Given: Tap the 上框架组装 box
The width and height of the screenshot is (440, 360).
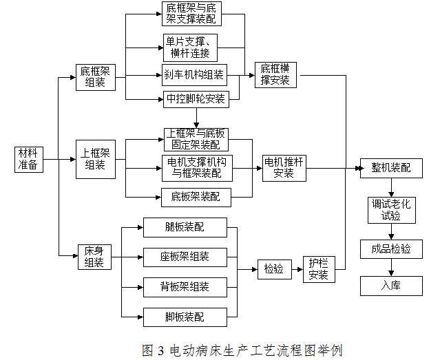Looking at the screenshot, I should point(95,159).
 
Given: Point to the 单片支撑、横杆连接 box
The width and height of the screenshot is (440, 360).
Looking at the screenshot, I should point(191,47).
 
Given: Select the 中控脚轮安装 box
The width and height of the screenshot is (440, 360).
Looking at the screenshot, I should point(195,98).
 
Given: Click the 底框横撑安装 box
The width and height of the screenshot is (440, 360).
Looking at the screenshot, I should point(275,74).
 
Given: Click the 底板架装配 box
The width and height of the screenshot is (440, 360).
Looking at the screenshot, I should point(196,197).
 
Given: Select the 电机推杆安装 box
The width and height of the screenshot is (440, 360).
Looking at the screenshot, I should point(284,167).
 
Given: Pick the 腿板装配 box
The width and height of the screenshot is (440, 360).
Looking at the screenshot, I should point(184,226).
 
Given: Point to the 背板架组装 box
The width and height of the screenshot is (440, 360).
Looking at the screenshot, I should point(184,286).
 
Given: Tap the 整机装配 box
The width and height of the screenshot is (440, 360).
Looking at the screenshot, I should point(390,167).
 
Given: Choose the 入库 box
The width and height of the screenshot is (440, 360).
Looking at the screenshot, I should point(390,286).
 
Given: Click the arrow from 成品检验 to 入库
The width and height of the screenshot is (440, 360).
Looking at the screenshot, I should point(390,267).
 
